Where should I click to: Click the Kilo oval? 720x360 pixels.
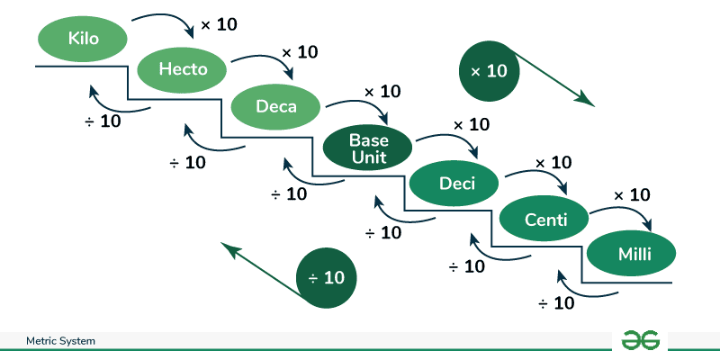tap(82, 39)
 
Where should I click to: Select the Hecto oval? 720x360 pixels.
tap(183, 68)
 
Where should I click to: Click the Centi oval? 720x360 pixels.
tap(544, 219)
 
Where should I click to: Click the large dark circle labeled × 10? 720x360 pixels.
tap(490, 70)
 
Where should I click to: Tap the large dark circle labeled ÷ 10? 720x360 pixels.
tap(327, 278)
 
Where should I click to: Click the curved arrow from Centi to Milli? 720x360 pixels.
tap(630, 211)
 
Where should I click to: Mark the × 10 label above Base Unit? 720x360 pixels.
tap(382, 93)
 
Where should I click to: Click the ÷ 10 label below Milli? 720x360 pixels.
tap(556, 303)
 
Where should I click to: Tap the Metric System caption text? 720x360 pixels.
tap(61, 342)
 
